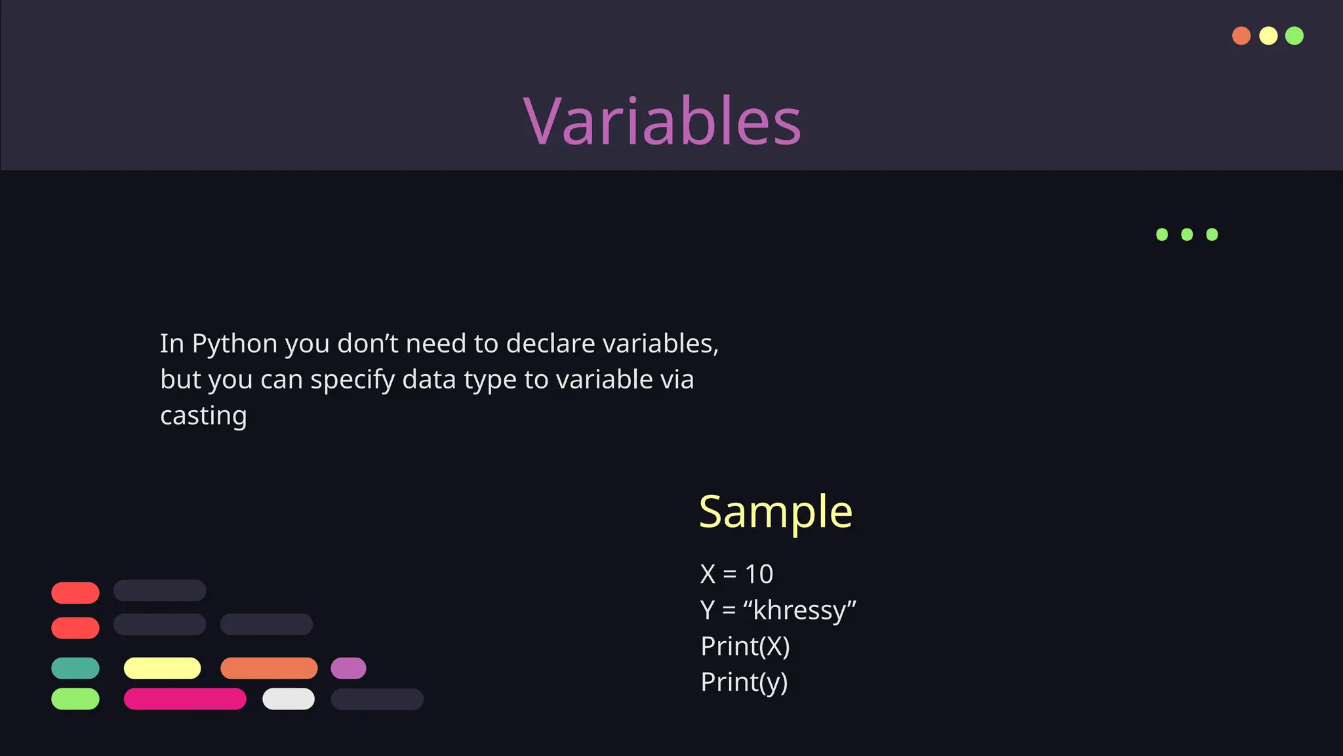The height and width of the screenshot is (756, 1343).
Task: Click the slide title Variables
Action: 662,121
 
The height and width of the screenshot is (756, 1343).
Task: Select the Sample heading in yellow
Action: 775,511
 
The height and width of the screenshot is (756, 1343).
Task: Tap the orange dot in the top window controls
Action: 1241,35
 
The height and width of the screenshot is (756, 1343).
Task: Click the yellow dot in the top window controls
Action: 1268,35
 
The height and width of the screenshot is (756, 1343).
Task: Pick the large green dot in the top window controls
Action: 1294,35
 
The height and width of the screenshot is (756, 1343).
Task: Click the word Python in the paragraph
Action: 234,344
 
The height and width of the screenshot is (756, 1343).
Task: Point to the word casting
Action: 203,416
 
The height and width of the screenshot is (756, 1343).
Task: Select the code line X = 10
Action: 736,574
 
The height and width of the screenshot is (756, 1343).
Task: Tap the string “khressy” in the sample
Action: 799,610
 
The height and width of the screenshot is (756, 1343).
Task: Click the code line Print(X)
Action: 745,646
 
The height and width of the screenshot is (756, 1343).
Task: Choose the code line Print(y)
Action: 744,682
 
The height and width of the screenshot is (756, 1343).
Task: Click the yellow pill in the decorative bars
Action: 162,668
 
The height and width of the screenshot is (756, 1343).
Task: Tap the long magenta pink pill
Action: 185,699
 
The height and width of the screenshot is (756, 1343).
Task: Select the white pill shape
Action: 289,699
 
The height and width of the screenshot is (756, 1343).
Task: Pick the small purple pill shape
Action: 348,668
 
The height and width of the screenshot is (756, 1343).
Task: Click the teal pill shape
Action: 75,668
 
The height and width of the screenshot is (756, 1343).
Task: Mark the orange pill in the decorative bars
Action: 269,668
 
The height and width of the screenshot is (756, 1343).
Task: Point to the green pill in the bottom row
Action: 75,699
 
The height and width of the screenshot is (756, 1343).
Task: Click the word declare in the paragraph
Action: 550,344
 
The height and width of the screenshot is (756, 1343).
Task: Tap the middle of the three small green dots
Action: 1187,234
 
